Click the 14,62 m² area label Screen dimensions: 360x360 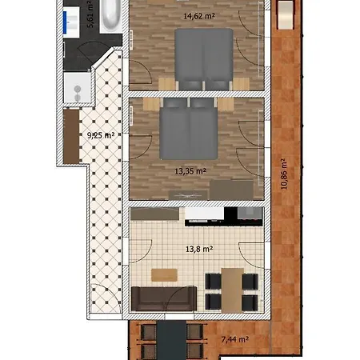[x=199, y=16]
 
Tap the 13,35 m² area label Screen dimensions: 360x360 [x=190, y=171]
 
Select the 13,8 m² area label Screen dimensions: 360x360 [x=199, y=249]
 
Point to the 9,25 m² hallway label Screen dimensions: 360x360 [x=101, y=135]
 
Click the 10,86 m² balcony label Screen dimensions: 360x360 [x=284, y=174]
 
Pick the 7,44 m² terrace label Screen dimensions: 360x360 [x=235, y=339]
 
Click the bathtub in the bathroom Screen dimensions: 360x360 [x=111, y=15]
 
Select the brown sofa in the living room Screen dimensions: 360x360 [x=164, y=298]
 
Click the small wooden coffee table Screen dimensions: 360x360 [x=164, y=275]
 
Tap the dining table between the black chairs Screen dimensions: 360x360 [x=232, y=290]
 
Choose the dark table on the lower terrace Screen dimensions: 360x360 [x=171, y=341]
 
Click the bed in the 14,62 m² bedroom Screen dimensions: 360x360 [x=204, y=59]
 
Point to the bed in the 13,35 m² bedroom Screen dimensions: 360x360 [x=189, y=129]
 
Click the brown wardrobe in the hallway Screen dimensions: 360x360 [x=71, y=136]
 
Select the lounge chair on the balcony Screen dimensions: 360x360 [x=286, y=15]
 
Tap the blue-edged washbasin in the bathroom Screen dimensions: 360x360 [x=71, y=22]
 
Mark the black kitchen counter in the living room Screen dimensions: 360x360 [x=223, y=217]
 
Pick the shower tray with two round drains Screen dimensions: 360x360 [x=77, y=88]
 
